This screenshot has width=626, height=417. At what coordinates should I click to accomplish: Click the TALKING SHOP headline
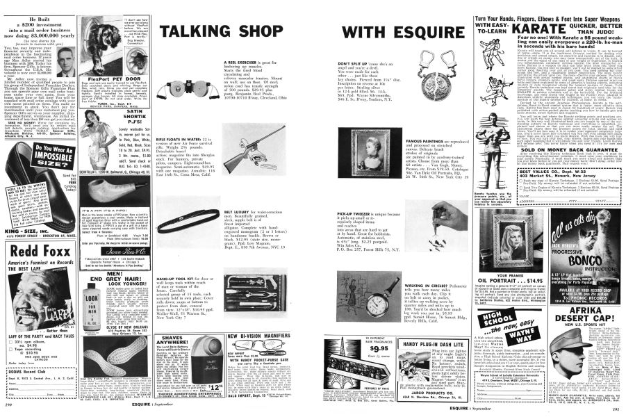coord(213,32)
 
